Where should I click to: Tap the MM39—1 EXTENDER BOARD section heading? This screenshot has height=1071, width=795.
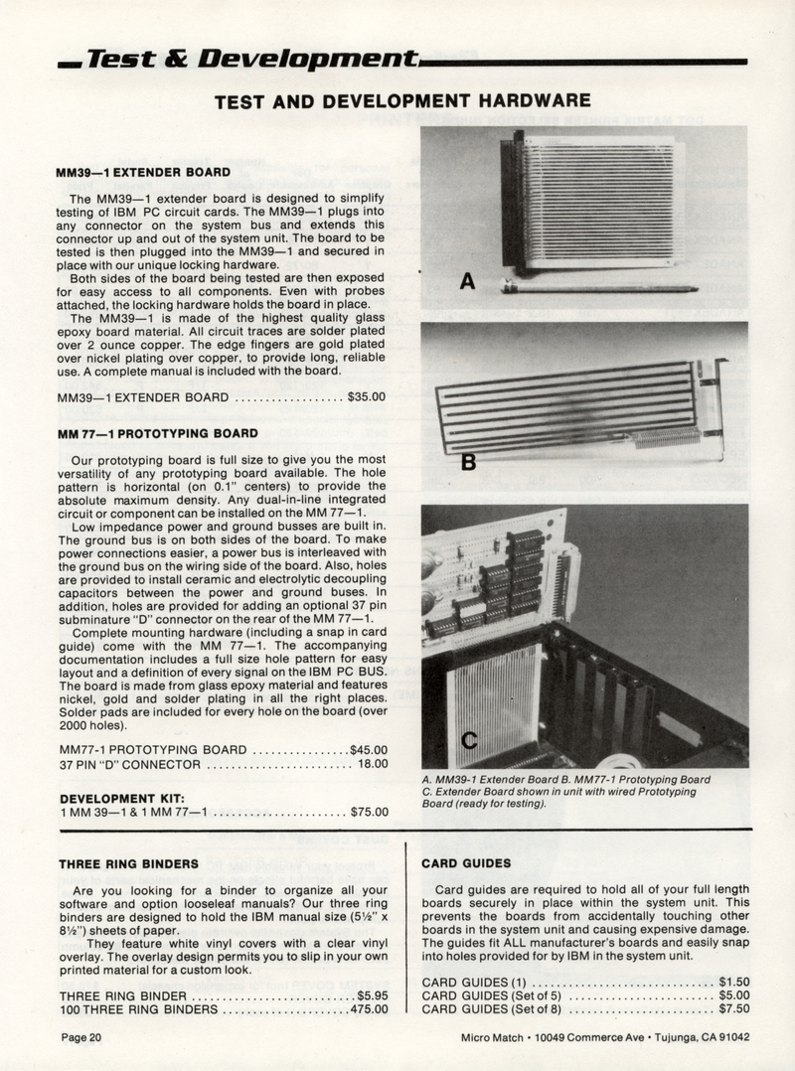pyautogui.click(x=144, y=172)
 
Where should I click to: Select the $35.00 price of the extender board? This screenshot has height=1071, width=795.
pyautogui.click(x=367, y=397)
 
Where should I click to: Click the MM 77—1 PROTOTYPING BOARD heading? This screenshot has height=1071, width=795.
pyautogui.click(x=158, y=434)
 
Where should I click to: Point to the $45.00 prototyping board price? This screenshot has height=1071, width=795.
pyautogui.click(x=369, y=749)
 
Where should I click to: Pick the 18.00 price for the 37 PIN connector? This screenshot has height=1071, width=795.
pyautogui.click(x=372, y=764)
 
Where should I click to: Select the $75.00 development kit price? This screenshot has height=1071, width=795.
pyautogui.click(x=369, y=812)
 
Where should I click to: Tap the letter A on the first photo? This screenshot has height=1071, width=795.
pyautogui.click(x=467, y=283)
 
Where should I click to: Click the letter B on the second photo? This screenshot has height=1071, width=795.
pyautogui.click(x=468, y=463)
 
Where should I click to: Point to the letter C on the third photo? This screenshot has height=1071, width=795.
pyautogui.click(x=468, y=739)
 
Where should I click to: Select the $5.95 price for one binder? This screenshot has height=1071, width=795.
pyautogui.click(x=371, y=994)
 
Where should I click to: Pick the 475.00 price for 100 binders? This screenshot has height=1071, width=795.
pyautogui.click(x=369, y=1009)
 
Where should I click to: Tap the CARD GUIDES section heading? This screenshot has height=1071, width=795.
pyautogui.click(x=466, y=863)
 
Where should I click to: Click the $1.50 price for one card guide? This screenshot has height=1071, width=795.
pyautogui.click(x=733, y=981)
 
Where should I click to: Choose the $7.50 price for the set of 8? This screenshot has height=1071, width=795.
pyautogui.click(x=733, y=1008)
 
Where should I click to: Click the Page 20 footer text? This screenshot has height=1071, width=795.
pyautogui.click(x=81, y=1037)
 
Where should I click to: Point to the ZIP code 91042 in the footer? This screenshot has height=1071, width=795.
pyautogui.click(x=729, y=1037)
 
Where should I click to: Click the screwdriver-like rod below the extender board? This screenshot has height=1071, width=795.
pyautogui.click(x=596, y=288)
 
